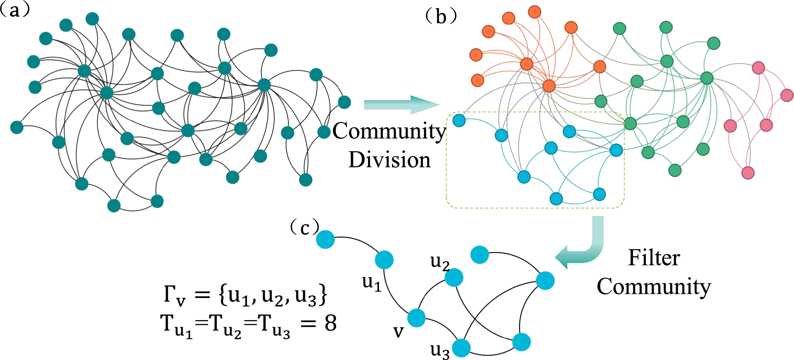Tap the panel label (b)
[441, 17]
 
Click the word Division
[389, 160]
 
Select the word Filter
[654, 258]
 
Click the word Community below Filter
[654, 286]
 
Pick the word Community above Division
[389, 131]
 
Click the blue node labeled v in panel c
[416, 318]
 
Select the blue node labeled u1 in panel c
[384, 260]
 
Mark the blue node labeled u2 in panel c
[454, 277]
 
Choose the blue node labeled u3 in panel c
[461, 349]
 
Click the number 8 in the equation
[330, 323]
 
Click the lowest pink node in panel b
[748, 172]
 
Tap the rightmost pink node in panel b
[787, 95]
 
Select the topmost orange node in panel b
[534, 12]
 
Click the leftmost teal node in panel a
[17, 127]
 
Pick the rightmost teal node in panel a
[345, 102]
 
